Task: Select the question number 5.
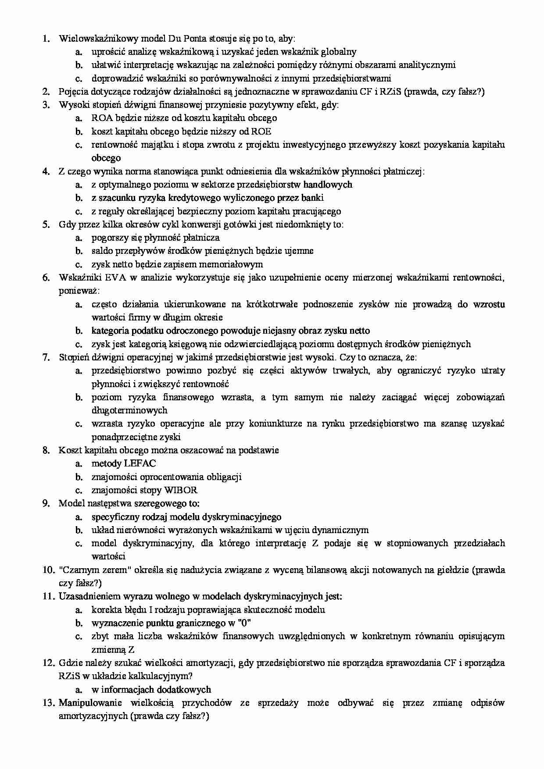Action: (46, 224)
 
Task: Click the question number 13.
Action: (48, 703)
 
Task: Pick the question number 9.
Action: (46, 503)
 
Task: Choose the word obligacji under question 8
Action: (222, 477)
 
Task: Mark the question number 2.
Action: (46, 92)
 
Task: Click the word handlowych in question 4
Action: (328, 185)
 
